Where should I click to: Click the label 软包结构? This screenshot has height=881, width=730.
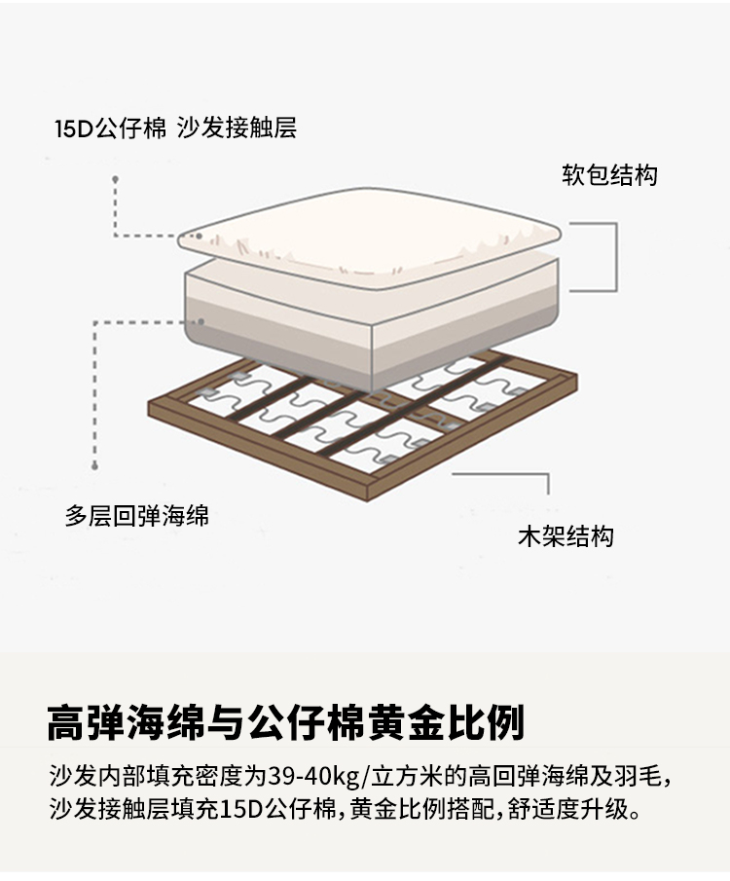pos(609,175)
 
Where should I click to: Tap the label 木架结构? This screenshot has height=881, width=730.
pos(566,536)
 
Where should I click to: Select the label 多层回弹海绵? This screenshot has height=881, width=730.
pos(137,515)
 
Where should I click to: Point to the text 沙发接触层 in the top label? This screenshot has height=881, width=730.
pos(237,128)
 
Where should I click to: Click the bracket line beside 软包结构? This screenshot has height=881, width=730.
pos(615,257)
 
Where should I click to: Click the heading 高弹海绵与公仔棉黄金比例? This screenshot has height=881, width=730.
pos(285,723)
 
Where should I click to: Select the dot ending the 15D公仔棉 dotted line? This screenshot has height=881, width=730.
pos(115,179)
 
